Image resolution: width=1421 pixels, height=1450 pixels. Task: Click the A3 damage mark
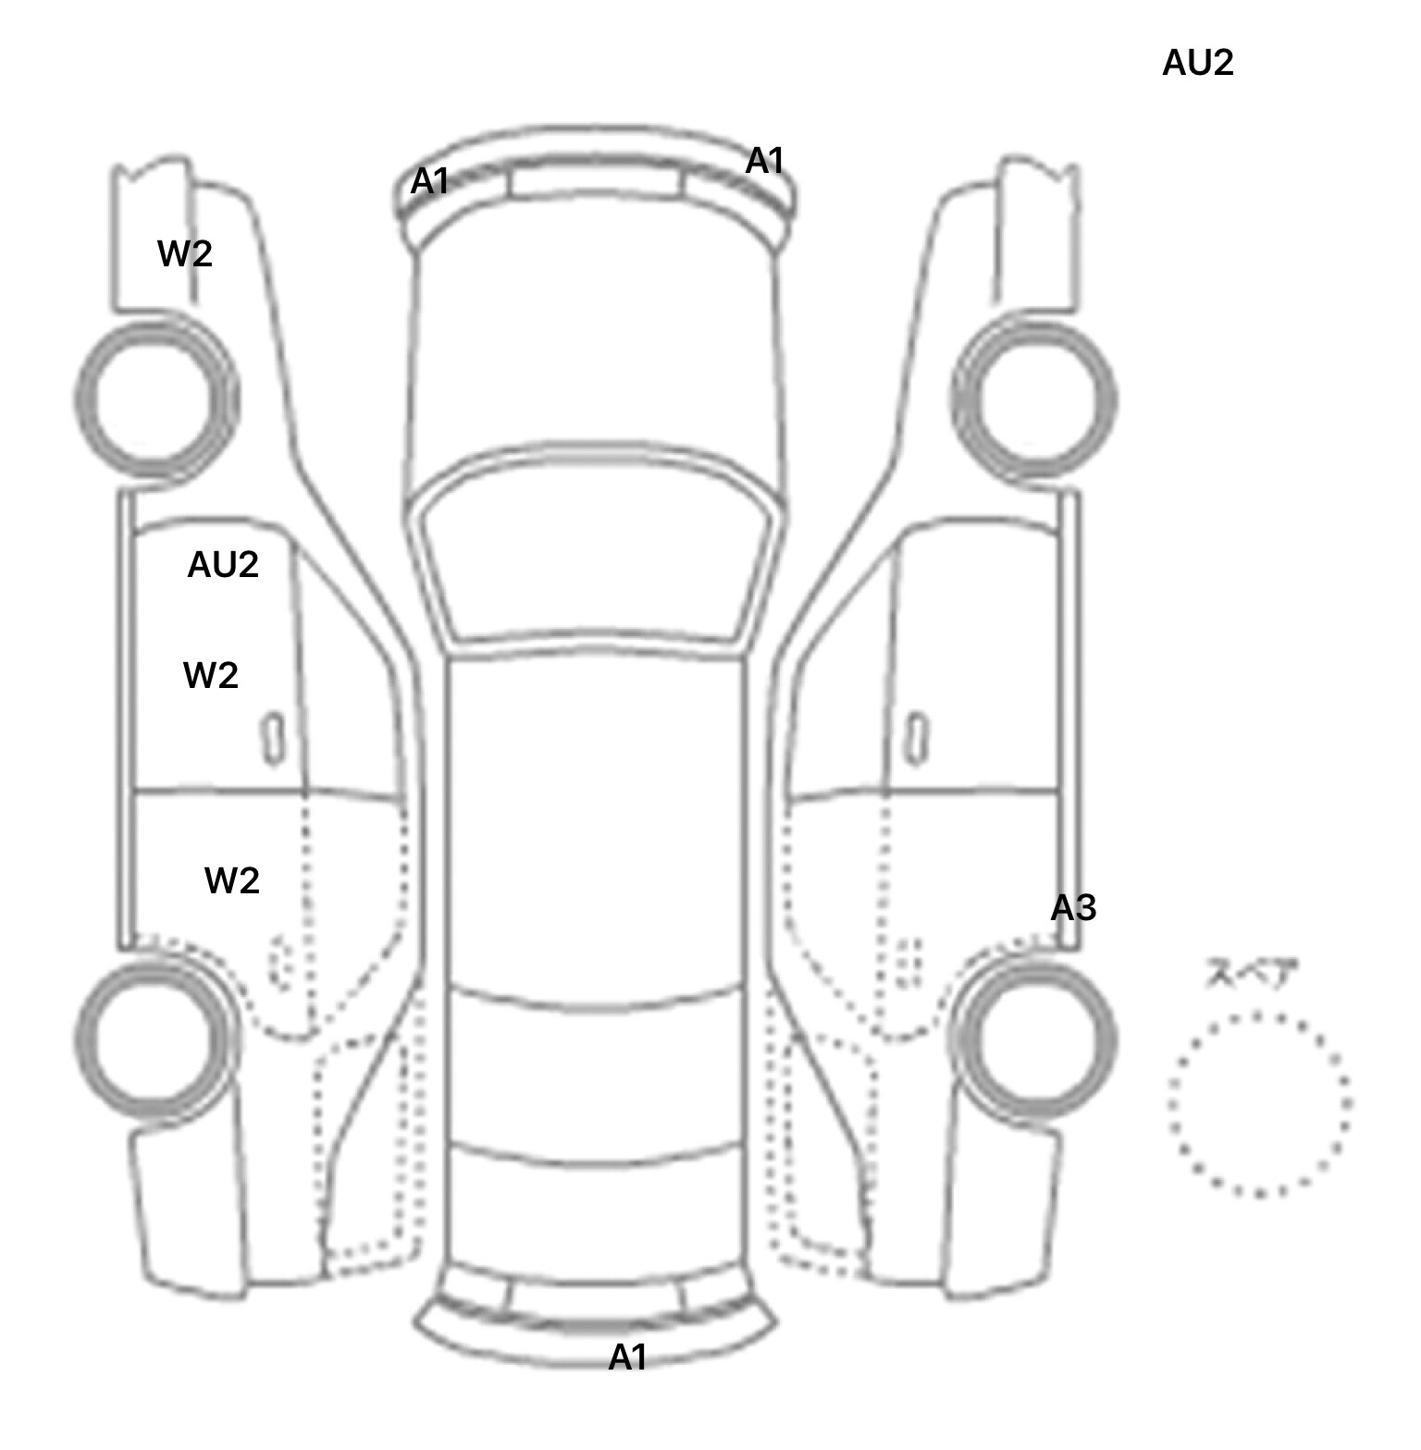tap(1073, 909)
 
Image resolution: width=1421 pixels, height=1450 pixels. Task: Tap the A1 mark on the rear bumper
tap(627, 1358)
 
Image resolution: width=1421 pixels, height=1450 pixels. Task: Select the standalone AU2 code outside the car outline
tap(1197, 63)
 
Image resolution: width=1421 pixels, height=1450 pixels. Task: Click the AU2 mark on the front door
tap(223, 564)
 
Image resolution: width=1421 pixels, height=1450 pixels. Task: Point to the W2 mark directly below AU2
tap(211, 676)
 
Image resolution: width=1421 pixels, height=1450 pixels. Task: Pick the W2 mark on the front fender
tap(185, 253)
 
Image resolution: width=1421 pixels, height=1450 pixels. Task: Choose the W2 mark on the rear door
tap(231, 880)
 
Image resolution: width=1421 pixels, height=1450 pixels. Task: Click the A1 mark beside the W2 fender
tap(429, 181)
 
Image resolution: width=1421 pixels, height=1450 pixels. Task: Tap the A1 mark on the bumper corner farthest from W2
tap(764, 161)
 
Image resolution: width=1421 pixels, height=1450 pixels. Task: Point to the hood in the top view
tap(596, 351)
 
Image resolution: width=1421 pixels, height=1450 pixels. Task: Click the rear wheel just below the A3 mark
tap(1034, 1038)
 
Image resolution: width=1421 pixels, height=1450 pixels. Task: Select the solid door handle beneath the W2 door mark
tap(273, 738)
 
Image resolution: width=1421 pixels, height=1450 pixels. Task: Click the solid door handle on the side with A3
tap(916, 738)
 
